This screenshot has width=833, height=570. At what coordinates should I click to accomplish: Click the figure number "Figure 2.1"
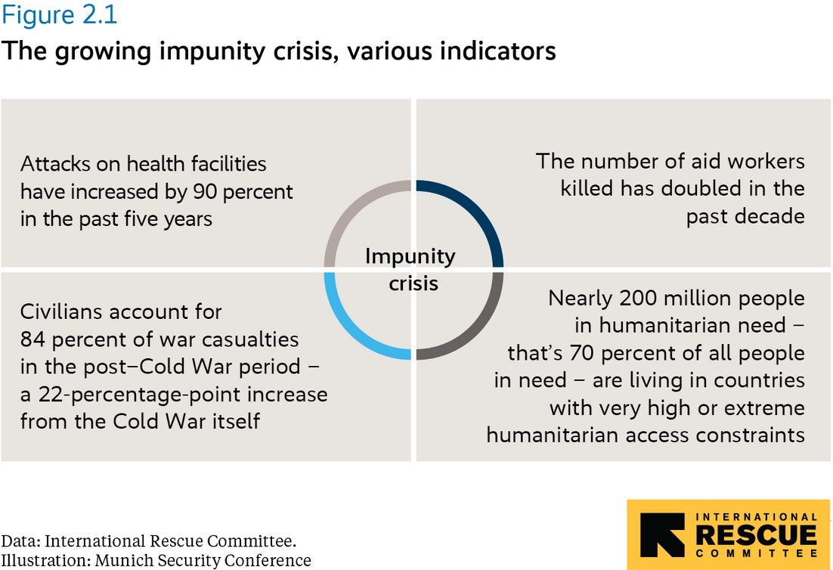[59, 14]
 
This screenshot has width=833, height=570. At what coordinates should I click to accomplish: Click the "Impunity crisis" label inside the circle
[411, 269]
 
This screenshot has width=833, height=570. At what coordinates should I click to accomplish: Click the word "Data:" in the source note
[21, 542]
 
